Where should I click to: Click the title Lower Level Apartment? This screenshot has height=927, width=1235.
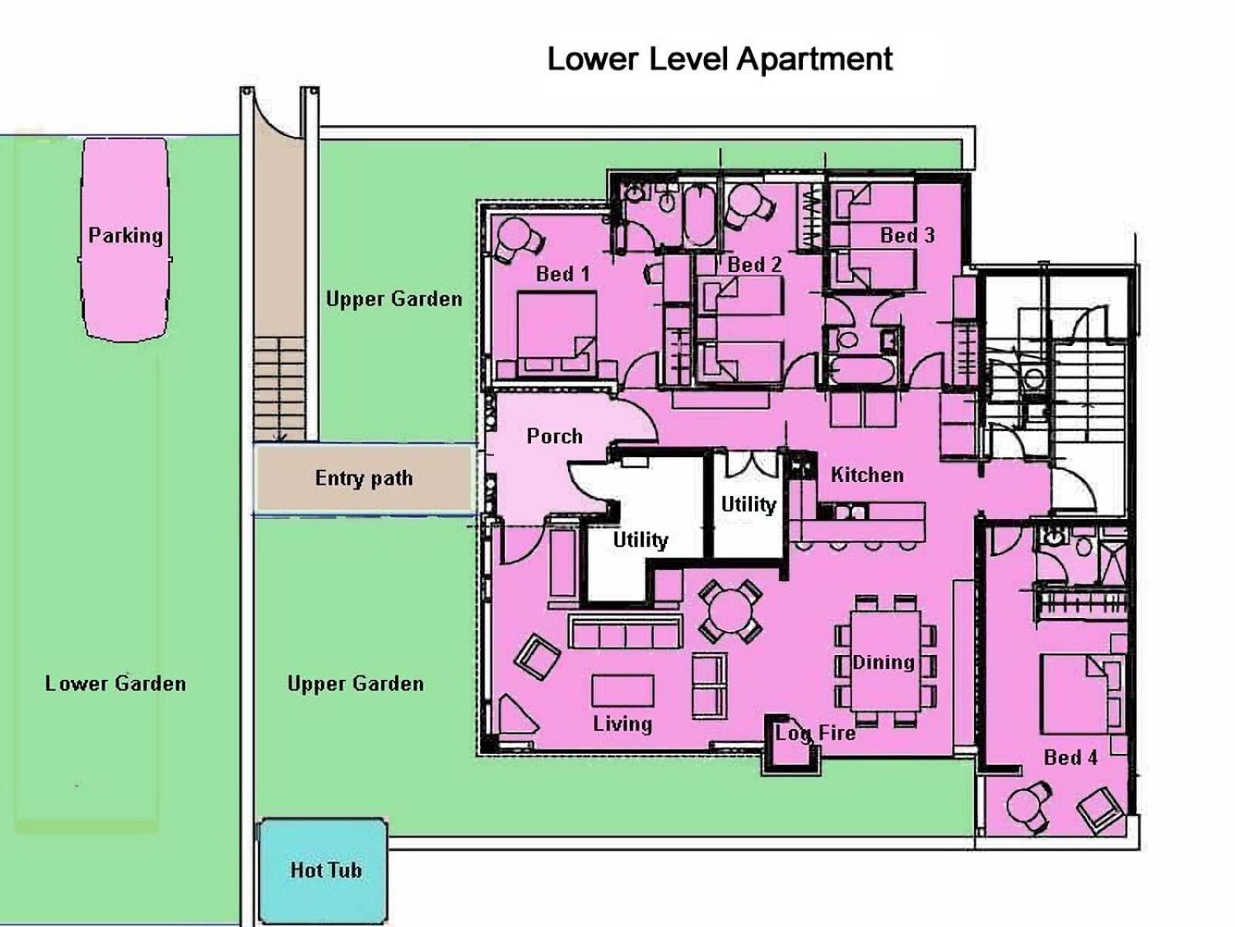tap(719, 59)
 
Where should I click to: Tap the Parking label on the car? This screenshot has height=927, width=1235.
tap(126, 236)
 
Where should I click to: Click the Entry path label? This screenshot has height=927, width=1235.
tap(364, 478)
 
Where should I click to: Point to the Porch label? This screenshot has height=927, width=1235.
tap(554, 436)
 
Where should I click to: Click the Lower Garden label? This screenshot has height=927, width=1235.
tap(115, 684)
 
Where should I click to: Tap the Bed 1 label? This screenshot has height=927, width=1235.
tap(563, 274)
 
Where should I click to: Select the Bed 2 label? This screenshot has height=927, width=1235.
tap(754, 264)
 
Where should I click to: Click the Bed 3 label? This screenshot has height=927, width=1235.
tap(907, 236)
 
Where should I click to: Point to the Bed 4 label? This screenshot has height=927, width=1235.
tap(1070, 758)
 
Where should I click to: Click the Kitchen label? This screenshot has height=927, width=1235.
tap(867, 475)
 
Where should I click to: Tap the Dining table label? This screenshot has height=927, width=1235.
tap(883, 663)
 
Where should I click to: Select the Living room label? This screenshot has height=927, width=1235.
tap(622, 724)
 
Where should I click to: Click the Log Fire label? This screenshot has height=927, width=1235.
tap(815, 733)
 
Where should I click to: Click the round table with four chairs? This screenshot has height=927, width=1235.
tap(729, 612)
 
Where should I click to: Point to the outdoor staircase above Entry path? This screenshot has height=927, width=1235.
tap(279, 389)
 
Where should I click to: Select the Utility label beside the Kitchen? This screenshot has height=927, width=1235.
tap(748, 504)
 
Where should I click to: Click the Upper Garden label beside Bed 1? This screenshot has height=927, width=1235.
tap(394, 299)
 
